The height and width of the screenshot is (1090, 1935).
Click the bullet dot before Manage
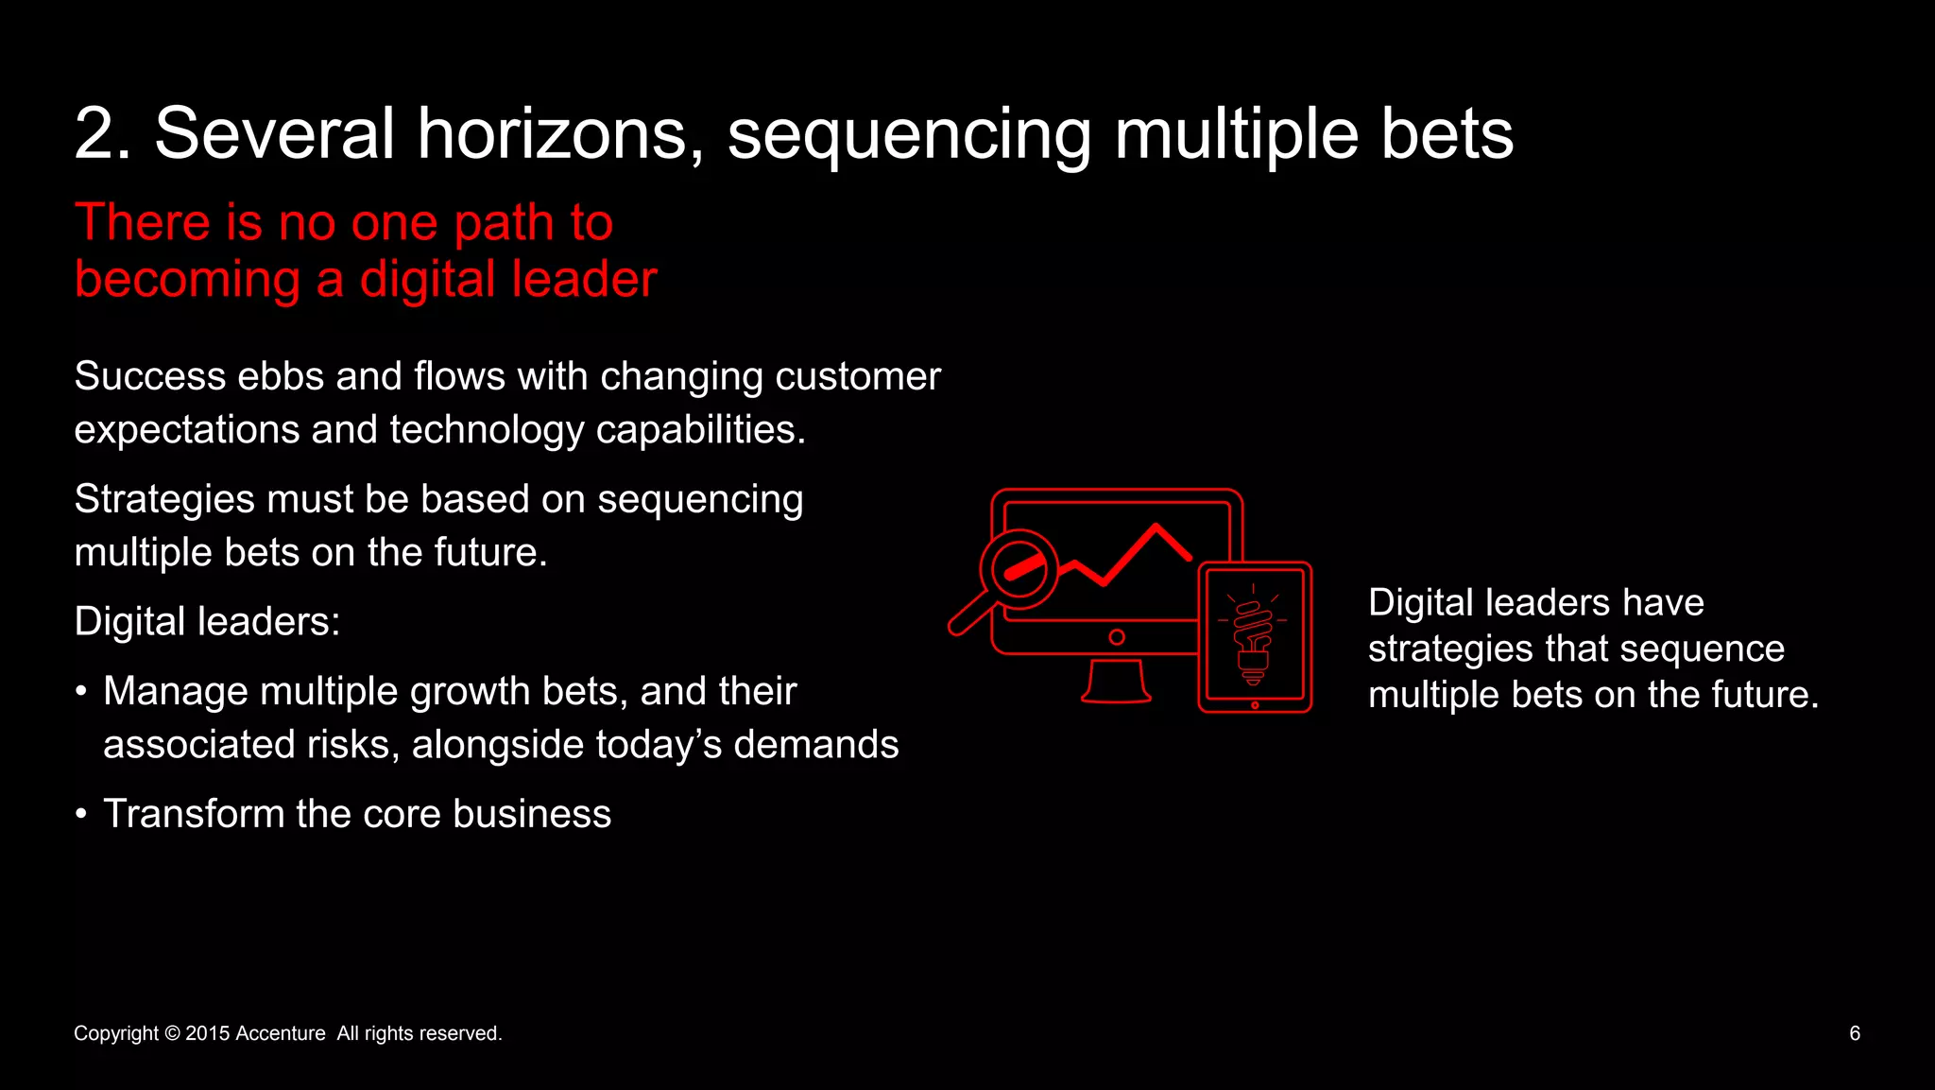[81, 691]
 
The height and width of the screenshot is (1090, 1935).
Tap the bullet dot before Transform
[81, 814]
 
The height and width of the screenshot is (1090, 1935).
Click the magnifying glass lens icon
[1019, 569]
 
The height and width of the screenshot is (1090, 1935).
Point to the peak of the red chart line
[1156, 527]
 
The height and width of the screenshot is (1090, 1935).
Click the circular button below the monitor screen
[1117, 637]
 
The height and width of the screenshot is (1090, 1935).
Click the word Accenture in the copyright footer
[280, 1033]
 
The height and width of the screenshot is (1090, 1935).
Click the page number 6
[1854, 1033]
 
